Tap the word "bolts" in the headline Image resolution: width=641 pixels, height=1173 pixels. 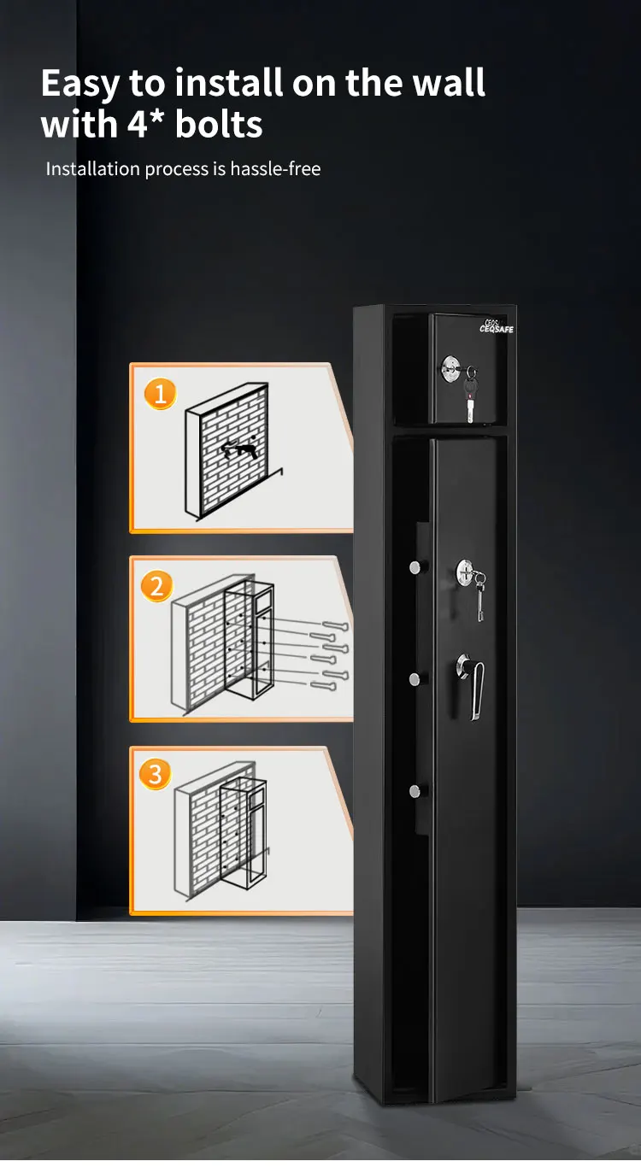(219, 125)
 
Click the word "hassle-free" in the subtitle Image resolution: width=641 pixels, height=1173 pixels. (275, 169)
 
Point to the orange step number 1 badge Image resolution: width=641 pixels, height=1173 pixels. (160, 395)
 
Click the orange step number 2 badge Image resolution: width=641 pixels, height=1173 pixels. (156, 587)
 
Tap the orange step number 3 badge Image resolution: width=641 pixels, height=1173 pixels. (156, 775)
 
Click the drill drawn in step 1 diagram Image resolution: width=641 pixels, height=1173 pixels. (238, 449)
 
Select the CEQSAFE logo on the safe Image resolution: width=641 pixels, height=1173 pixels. (496, 327)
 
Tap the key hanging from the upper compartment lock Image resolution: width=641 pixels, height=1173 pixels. (469, 397)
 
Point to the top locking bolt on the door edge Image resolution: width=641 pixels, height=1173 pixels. (414, 567)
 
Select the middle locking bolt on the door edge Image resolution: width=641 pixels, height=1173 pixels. (414, 679)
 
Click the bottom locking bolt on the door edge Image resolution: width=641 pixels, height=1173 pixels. (414, 791)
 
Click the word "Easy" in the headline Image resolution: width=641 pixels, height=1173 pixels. (81, 84)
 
